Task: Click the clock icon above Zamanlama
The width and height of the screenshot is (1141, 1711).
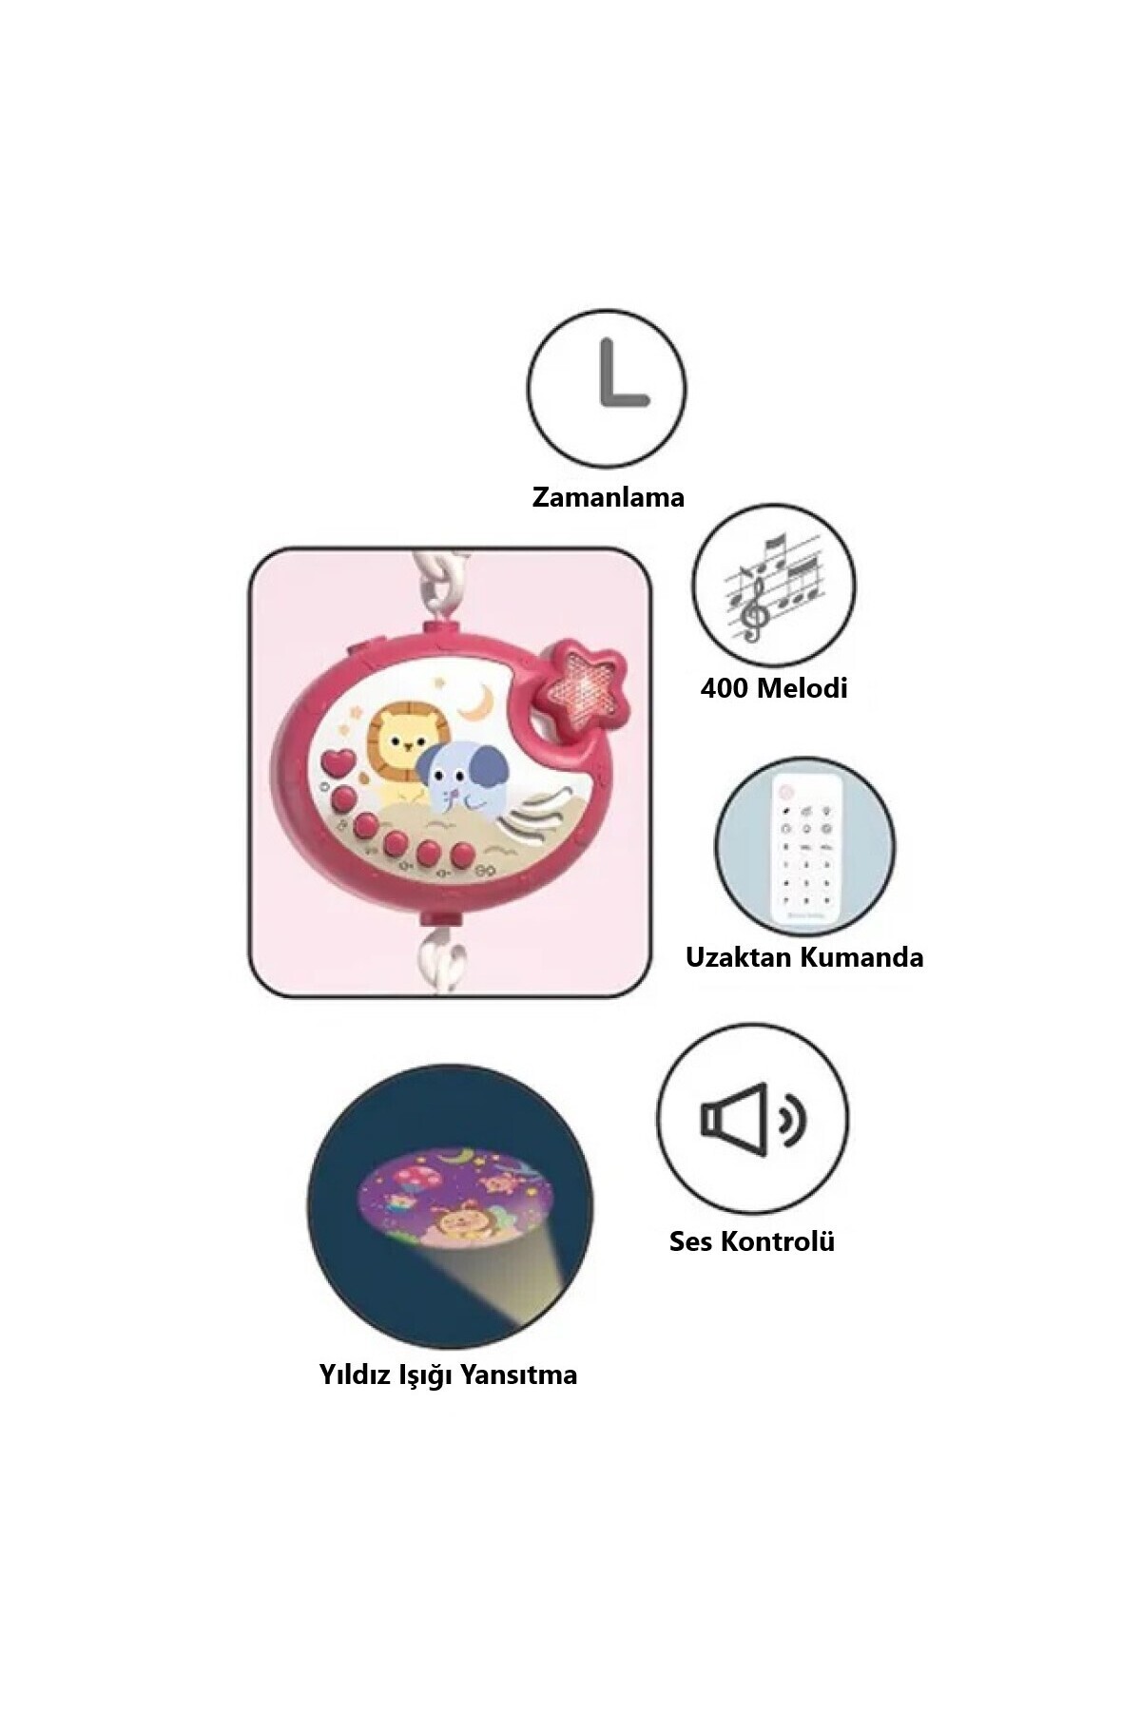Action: point(607,388)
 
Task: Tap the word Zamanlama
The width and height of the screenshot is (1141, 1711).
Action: point(608,497)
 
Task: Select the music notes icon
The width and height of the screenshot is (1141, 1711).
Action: point(773,586)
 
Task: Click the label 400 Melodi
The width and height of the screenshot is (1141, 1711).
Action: point(773,687)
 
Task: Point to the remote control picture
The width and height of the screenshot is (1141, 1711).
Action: point(804,845)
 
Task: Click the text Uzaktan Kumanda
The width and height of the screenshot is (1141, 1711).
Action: point(804,956)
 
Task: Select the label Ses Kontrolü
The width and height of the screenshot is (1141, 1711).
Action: point(751,1241)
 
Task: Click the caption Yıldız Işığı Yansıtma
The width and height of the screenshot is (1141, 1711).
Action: point(448,1375)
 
